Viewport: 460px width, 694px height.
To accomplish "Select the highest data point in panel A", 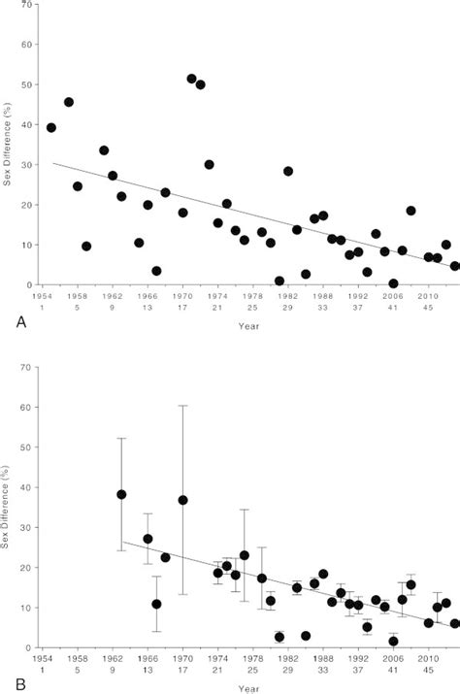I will click(x=191, y=79).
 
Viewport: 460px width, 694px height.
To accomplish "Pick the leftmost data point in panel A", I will click(x=51, y=127).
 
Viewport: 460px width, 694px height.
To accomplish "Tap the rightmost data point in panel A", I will click(x=454, y=266).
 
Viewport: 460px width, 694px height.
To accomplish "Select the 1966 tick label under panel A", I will click(x=147, y=296).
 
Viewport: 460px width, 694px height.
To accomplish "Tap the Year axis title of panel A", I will click(x=247, y=325).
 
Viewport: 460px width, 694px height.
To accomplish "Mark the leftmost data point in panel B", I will click(x=121, y=494).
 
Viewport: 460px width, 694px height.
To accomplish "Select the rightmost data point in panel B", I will click(x=454, y=623).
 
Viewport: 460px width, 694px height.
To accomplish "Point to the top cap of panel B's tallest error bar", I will click(x=182, y=406).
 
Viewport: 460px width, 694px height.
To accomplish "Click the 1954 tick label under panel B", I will click(x=41, y=657).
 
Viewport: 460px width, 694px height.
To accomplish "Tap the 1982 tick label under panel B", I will click(x=288, y=657).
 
